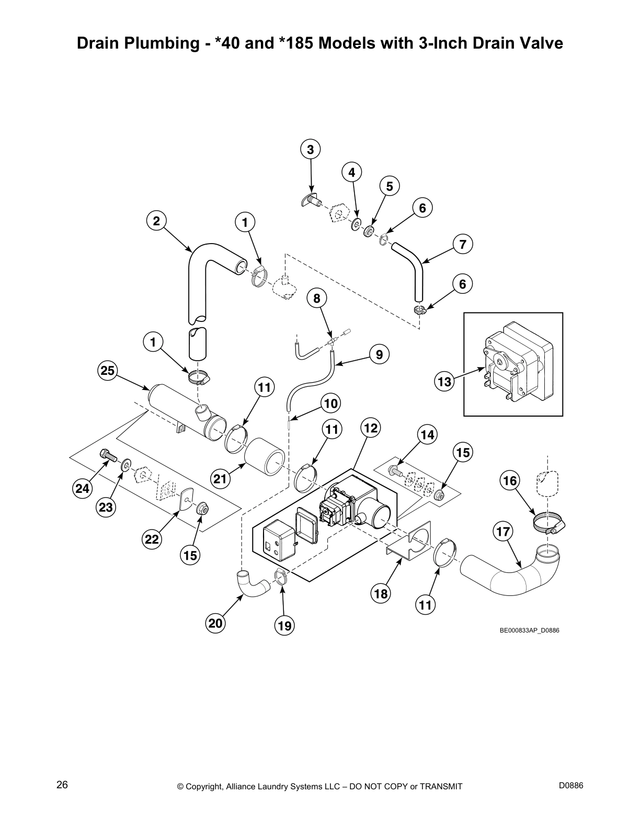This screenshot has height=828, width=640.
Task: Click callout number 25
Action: [x=107, y=371]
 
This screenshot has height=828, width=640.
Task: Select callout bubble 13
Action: [x=444, y=382]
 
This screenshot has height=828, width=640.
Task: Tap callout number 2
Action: [x=156, y=221]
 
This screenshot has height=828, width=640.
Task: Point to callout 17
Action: [x=502, y=532]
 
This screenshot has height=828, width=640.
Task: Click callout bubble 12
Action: [x=370, y=429]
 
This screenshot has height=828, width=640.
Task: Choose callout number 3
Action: [x=310, y=149]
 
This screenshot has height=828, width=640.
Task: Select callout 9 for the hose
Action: [x=379, y=355]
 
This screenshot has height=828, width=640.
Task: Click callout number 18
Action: [x=381, y=593]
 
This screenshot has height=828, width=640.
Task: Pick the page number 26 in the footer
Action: [x=62, y=785]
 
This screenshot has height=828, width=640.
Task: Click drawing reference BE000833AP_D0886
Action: [x=529, y=630]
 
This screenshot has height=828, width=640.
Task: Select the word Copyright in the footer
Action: [x=205, y=787]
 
